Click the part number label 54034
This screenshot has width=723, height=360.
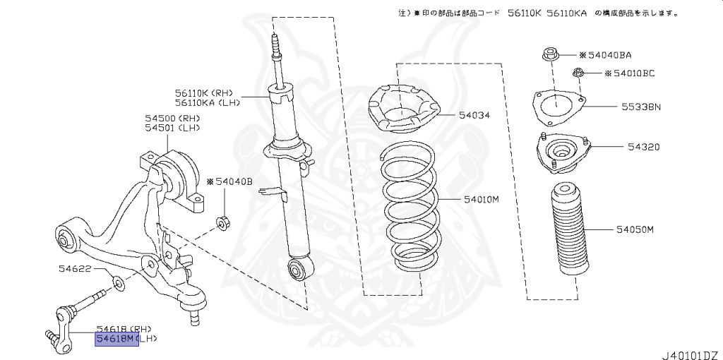pos(474,114)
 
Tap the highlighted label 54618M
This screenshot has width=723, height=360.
pos(116,340)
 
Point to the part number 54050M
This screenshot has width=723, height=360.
pos(635,230)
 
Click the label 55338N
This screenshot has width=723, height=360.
pos(641,107)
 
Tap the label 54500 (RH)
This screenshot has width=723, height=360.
pos(172,118)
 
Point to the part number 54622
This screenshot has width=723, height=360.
pos(74,269)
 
